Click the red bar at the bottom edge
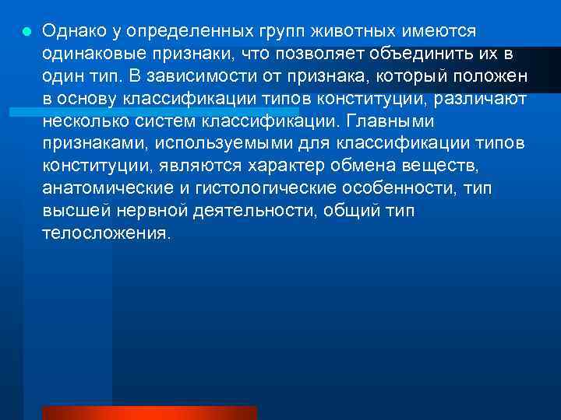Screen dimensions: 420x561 (x=149, y=412)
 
